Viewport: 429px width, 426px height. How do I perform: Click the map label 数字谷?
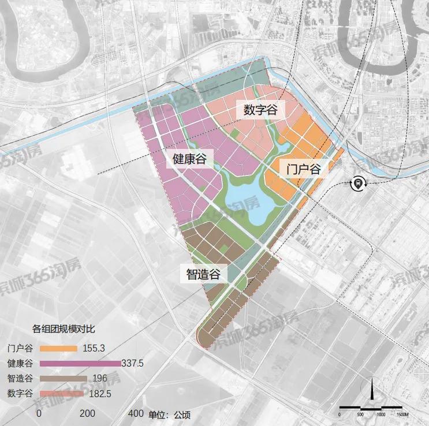point(260,110)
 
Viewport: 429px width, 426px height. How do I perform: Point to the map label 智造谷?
point(203,274)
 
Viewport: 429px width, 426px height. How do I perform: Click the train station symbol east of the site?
point(358,184)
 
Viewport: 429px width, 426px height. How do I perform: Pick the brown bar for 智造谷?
point(62,379)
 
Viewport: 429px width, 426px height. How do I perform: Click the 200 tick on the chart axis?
point(87,413)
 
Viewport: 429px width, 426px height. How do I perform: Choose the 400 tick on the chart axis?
point(136,413)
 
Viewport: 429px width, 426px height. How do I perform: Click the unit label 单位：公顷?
point(170,414)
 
